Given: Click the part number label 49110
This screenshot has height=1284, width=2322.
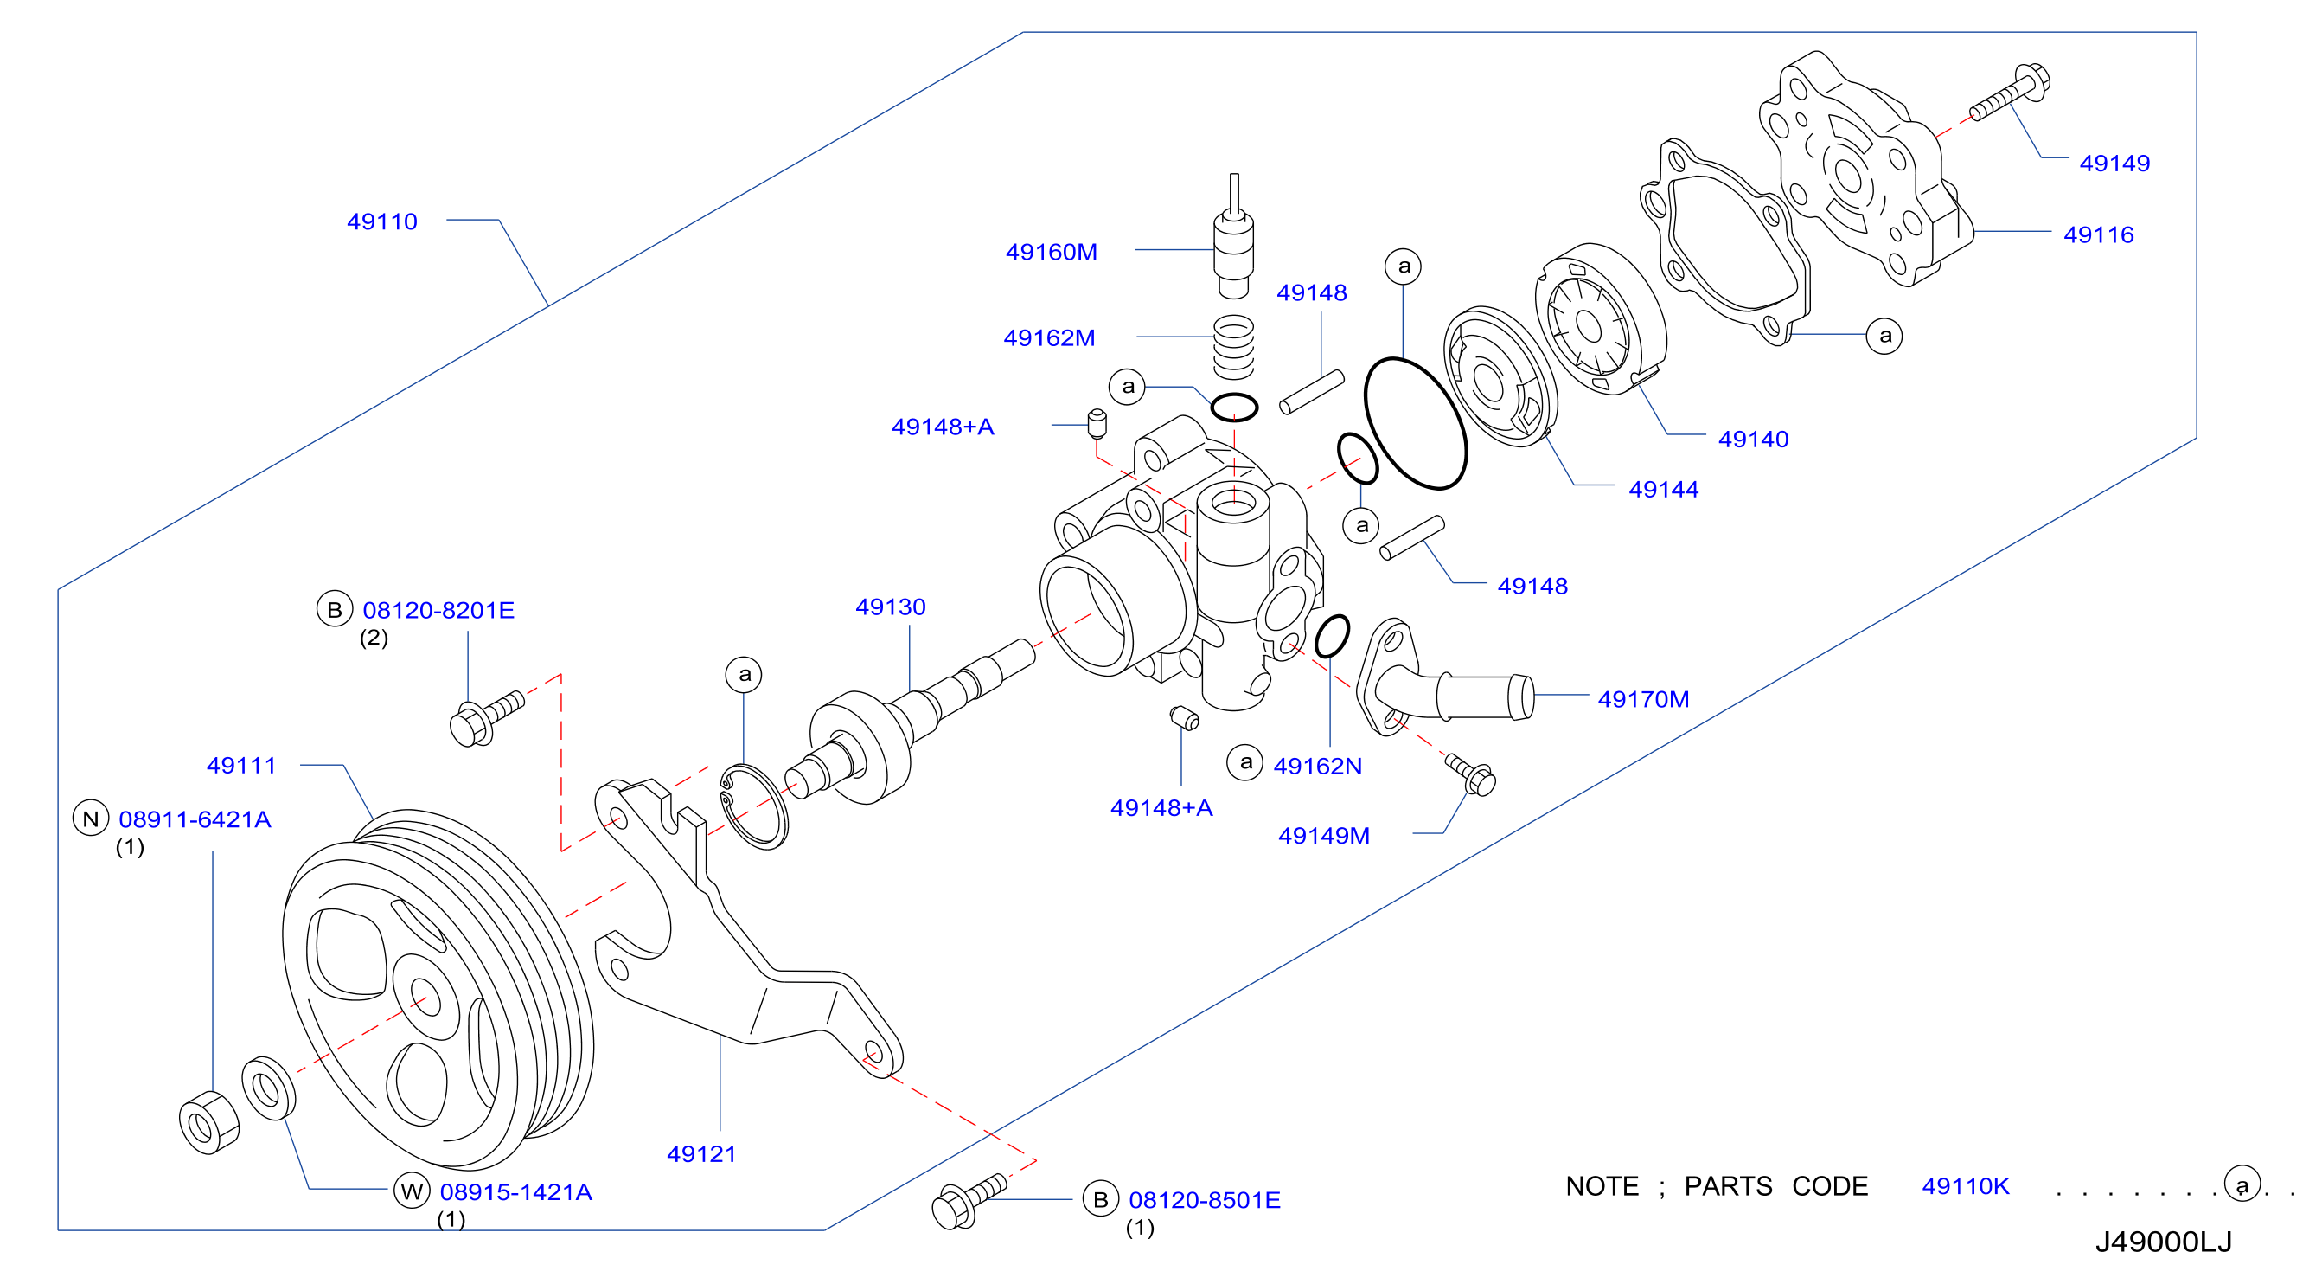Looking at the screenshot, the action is click(x=382, y=221).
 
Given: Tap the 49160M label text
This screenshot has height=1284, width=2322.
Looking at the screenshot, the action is click(x=1051, y=253).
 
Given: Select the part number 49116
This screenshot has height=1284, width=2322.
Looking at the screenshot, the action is click(x=2099, y=235).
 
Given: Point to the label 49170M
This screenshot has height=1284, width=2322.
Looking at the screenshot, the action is click(x=1643, y=700).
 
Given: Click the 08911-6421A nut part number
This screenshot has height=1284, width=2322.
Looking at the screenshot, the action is click(x=195, y=819).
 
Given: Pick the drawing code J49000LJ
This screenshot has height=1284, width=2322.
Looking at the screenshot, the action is click(x=2164, y=1242).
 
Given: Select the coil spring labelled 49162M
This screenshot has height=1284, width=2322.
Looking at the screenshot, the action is click(x=1233, y=347).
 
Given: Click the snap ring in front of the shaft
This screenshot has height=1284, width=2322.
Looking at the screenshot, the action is click(x=753, y=806).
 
